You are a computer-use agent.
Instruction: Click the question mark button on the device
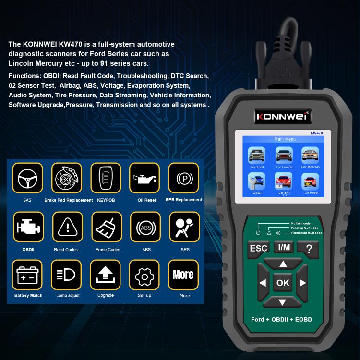pos(308,248)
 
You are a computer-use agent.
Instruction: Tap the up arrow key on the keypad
pos(283,264)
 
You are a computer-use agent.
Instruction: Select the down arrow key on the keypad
pos(283,302)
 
